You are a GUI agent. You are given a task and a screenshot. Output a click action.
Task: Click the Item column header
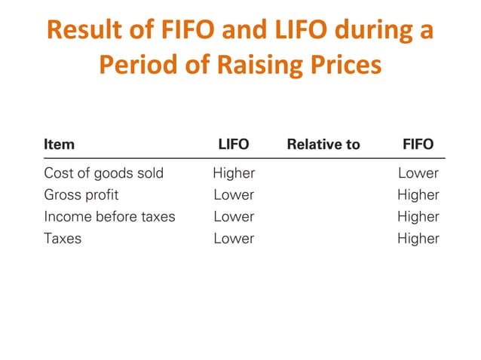pyautogui.click(x=59, y=144)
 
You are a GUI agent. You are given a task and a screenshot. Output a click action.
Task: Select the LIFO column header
pyautogui.click(x=234, y=144)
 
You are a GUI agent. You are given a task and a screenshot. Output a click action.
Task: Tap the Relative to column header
pyautogui.click(x=323, y=144)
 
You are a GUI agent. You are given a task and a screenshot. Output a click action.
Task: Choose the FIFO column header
pyautogui.click(x=418, y=144)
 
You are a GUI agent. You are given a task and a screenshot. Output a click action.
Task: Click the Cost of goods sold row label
pyautogui.click(x=103, y=173)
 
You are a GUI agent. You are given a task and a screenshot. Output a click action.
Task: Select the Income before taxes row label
pyautogui.click(x=109, y=217)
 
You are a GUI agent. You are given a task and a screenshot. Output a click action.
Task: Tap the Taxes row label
pyautogui.click(x=63, y=239)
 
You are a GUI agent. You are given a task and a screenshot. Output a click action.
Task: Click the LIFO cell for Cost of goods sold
pyautogui.click(x=234, y=173)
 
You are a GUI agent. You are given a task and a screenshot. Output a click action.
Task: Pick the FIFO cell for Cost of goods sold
pyautogui.click(x=418, y=173)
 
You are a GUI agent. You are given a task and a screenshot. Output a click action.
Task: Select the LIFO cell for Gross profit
pyautogui.click(x=234, y=195)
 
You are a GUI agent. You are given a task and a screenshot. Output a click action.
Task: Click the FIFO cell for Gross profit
pyautogui.click(x=418, y=195)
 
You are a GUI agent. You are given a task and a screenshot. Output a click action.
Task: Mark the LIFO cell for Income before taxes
pyautogui.click(x=234, y=217)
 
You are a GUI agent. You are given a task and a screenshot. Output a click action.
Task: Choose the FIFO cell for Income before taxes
pyautogui.click(x=418, y=217)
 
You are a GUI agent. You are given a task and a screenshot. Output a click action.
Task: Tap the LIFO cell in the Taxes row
pyautogui.click(x=234, y=239)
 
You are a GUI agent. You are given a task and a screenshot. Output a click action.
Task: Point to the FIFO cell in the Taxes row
pyautogui.click(x=418, y=239)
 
